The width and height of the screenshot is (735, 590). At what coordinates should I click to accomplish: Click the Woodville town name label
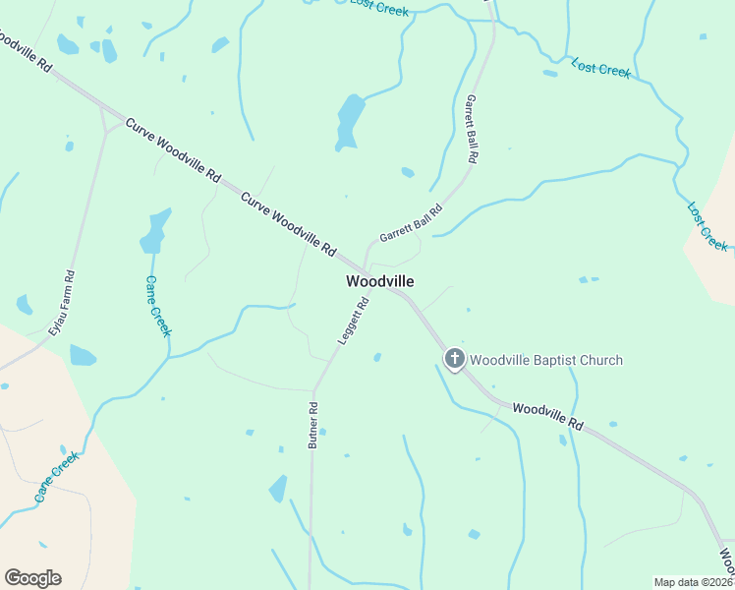point(379,281)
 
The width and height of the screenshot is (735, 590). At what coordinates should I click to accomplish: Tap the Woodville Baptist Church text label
point(545,360)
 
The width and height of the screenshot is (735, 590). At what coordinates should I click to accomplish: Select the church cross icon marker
point(454,360)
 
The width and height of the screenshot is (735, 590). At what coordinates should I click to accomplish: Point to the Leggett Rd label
point(353,321)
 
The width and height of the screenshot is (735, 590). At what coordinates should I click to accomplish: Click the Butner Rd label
point(312,426)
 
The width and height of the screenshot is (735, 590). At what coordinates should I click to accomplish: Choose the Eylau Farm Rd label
point(62,304)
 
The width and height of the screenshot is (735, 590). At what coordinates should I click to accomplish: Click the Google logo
point(32,578)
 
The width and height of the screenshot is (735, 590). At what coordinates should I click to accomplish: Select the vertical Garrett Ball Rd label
point(472,129)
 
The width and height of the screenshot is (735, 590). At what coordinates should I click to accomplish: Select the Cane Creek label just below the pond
point(157,305)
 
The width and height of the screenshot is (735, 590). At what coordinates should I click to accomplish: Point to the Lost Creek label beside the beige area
point(707,226)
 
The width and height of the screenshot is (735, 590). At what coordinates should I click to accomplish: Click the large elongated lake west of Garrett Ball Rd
point(348,121)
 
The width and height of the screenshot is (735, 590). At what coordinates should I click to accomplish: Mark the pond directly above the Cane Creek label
point(154,232)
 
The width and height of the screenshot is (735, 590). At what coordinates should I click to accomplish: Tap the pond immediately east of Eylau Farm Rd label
point(83,355)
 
